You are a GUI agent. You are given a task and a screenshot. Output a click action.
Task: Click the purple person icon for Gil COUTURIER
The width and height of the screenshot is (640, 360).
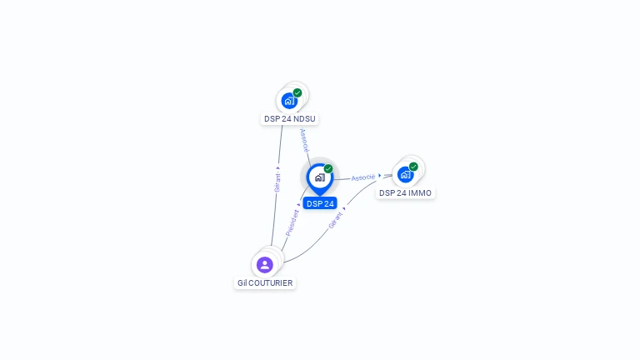click(265, 265)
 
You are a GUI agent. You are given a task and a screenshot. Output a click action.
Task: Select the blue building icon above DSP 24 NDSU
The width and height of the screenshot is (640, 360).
click(289, 101)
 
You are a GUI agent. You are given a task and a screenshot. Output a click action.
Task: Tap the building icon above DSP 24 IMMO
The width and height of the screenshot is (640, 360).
click(405, 174)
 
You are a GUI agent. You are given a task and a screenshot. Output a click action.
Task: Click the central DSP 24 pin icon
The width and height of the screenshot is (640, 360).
click(319, 177)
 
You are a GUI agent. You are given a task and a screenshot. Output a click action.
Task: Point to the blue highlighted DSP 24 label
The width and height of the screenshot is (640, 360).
click(320, 203)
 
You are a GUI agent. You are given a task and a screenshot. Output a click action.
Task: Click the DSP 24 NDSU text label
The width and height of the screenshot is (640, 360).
click(290, 119)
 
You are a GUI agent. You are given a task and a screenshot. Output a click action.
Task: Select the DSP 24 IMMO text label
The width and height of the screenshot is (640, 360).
click(405, 193)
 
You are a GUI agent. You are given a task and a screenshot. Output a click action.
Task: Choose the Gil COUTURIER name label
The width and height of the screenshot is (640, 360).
click(265, 283)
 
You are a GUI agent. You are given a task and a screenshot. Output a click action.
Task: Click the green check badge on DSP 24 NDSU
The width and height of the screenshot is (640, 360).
click(297, 92)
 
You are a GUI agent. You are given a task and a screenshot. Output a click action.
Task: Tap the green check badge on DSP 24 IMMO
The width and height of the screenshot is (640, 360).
click(413, 166)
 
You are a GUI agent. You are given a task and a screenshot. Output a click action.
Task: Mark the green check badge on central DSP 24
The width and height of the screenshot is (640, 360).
click(328, 169)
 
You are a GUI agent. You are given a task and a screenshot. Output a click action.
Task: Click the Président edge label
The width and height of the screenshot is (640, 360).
click(292, 222)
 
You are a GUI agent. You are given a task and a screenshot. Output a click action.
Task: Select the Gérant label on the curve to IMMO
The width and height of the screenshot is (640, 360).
click(336, 220)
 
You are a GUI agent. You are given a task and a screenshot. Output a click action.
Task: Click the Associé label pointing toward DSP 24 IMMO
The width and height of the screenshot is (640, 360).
click(362, 177)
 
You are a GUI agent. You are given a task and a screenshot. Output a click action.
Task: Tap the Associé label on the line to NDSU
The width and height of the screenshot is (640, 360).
click(304, 139)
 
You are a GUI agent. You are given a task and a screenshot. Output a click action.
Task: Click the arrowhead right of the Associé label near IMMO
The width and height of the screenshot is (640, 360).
click(380, 176)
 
